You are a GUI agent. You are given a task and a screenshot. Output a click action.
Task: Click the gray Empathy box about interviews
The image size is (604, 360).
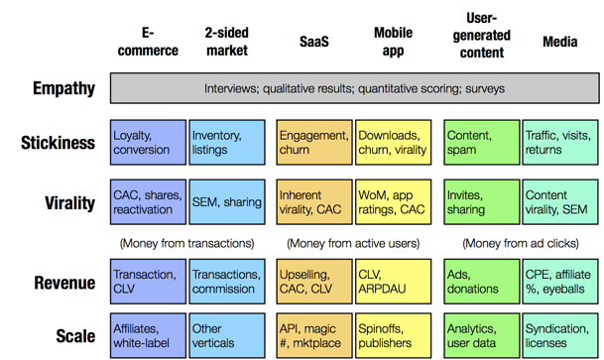[354, 88]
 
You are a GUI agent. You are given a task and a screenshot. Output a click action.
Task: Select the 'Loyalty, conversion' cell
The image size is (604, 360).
[149, 143]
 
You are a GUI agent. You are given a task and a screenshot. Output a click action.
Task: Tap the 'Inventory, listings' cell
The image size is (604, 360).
[227, 143]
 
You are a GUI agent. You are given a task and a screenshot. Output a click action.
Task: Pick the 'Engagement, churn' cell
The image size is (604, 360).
[314, 143]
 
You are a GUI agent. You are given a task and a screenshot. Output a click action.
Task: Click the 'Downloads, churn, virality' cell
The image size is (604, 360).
[394, 143]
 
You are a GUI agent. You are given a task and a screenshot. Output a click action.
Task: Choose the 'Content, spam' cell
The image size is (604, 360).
[481, 143]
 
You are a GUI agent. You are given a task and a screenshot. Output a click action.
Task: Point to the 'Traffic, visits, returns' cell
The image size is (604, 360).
[560, 143]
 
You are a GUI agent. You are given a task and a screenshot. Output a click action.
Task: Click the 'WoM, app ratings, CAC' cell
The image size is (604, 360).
[394, 202]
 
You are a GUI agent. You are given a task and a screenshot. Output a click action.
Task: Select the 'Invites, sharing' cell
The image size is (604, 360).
[481, 202]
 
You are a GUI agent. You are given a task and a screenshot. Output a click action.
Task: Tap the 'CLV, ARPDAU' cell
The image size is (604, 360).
[394, 282]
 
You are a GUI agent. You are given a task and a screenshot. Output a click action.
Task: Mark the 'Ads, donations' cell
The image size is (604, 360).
[481, 282]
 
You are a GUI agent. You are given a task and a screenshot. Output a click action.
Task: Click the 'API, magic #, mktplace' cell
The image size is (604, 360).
[314, 336]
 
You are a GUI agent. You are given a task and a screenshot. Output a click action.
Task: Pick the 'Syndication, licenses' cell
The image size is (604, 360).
[560, 336]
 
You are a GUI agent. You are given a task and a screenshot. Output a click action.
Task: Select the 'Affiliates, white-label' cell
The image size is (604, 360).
[149, 336]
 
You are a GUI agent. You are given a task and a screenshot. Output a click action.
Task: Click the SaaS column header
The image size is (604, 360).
[314, 42]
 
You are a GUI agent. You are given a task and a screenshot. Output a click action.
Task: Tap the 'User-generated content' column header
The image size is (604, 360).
[481, 36]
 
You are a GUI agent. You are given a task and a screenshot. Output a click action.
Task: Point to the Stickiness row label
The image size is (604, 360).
[58, 143]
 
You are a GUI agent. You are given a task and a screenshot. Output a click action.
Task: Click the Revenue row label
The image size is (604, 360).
[64, 283]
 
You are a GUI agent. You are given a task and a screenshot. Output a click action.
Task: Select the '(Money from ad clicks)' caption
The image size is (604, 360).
[521, 243]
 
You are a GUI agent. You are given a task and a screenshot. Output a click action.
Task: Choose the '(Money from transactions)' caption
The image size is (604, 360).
[186, 243]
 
